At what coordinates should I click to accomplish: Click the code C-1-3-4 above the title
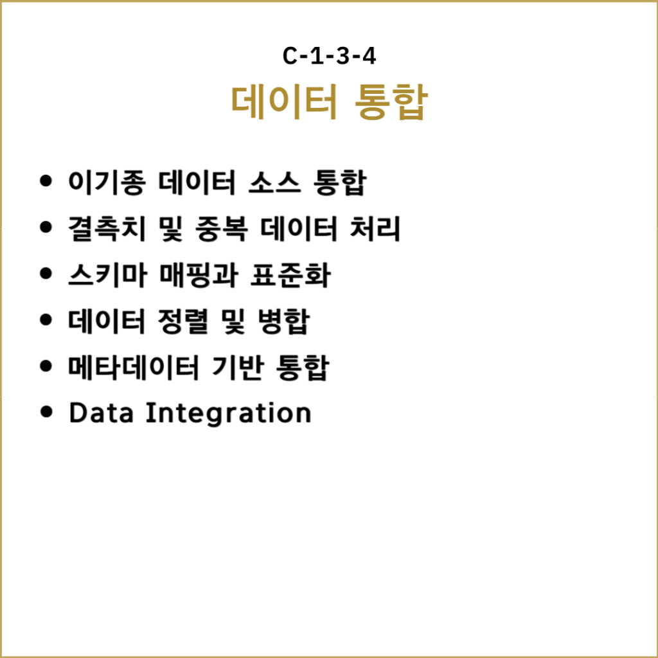tap(329, 56)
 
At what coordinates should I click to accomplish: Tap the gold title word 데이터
tap(284, 102)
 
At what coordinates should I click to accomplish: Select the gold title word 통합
tap(391, 102)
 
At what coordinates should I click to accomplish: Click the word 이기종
tap(107, 182)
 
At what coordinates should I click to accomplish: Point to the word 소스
tap(275, 182)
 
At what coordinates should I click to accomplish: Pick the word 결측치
tap(107, 229)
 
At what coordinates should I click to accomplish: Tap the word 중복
tap(221, 229)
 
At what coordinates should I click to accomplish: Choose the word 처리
tap(375, 229)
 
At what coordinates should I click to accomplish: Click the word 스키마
tap(107, 275)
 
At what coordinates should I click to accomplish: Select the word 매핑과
tap(199, 275)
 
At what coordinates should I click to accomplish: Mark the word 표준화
tap(290, 275)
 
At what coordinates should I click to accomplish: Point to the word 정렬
tap(183, 321)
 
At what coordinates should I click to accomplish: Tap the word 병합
tap(283, 321)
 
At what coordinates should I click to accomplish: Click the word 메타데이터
tap(134, 367)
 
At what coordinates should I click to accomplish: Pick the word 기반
tap(238, 367)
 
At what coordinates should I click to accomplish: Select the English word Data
tap(101, 413)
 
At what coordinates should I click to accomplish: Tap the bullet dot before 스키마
tap(46, 274)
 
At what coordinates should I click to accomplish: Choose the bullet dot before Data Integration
tap(46, 412)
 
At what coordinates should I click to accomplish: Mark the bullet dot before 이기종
tap(46, 181)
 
